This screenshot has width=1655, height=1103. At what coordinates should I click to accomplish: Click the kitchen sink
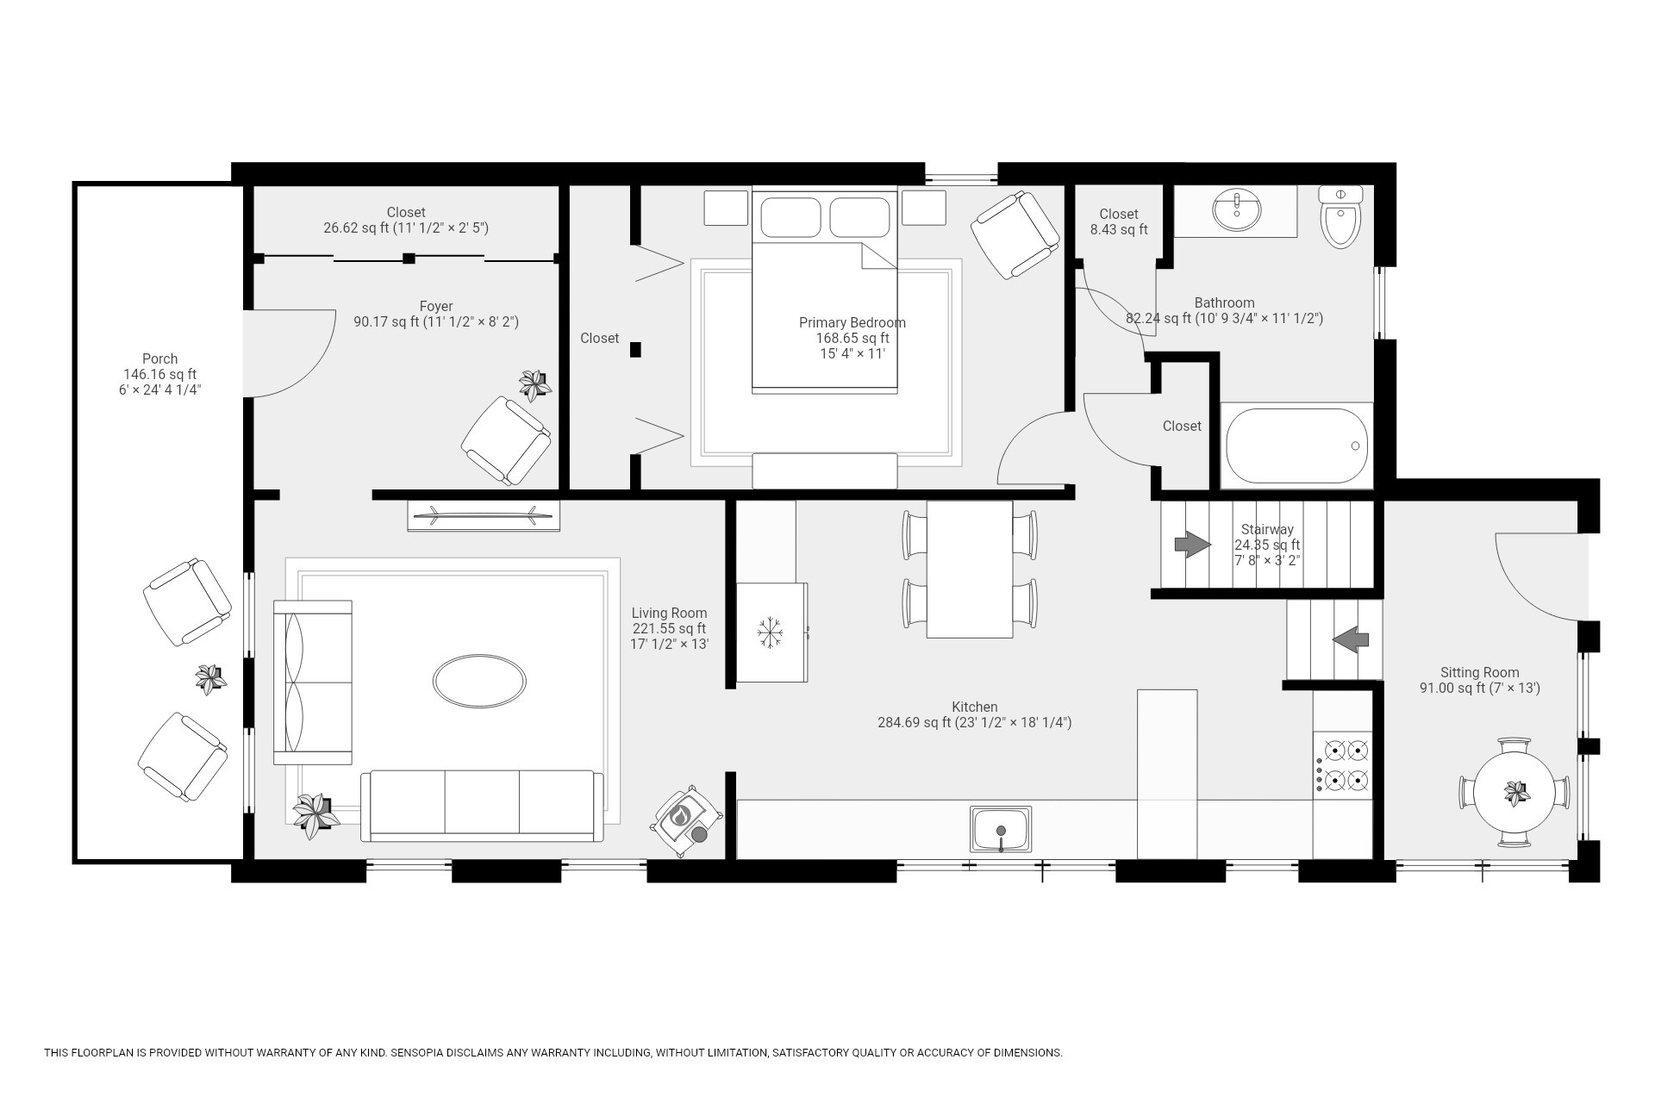1001,830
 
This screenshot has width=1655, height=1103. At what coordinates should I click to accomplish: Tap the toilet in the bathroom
1340,217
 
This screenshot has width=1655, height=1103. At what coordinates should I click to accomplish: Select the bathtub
1296,446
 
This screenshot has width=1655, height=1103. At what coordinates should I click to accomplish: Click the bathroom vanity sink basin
1237,211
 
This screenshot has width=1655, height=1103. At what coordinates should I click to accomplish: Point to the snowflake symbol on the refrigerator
769,632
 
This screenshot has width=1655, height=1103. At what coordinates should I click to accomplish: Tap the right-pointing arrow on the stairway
1193,545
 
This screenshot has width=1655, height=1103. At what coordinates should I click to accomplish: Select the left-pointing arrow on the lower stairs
1351,639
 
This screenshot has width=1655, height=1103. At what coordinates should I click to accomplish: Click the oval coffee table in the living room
479,682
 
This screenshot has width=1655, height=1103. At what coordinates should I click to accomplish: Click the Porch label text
160,358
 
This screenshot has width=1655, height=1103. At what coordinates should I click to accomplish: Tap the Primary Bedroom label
852,322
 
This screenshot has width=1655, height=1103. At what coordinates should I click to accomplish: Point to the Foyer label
436,306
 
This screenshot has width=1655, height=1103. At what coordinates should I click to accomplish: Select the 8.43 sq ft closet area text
1119,229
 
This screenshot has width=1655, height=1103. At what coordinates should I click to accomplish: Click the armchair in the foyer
506,440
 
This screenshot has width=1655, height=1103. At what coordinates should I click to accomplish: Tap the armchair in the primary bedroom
1015,234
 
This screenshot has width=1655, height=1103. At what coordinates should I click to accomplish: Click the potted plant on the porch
209,679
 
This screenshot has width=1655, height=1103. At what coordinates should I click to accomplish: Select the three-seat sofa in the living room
483,807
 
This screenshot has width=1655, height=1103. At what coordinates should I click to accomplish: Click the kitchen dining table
970,570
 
